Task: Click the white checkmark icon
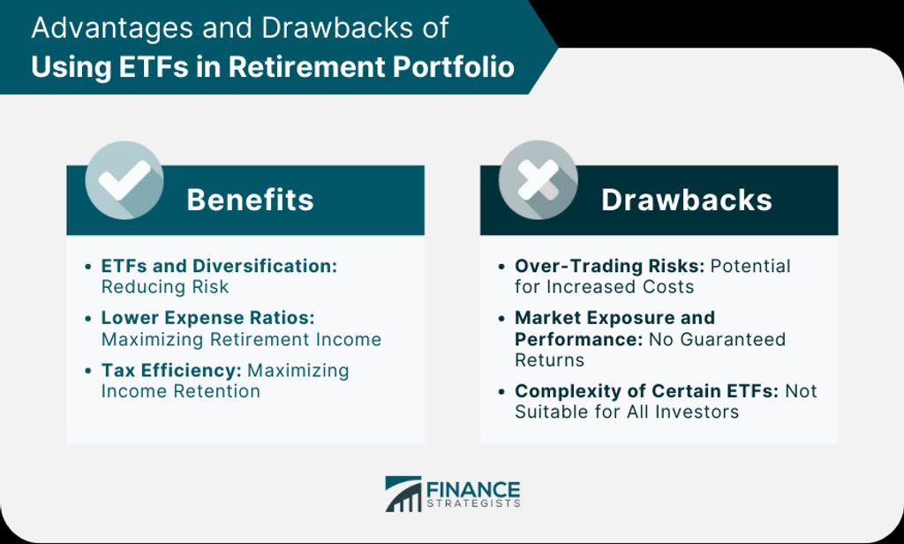click(x=124, y=179)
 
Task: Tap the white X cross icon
click(x=538, y=179)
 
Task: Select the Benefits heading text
click(x=250, y=200)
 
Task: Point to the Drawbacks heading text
click(x=687, y=200)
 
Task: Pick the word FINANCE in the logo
click(x=473, y=490)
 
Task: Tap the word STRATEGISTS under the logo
click(x=473, y=503)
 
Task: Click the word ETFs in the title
click(x=153, y=66)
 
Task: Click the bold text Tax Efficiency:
click(x=171, y=370)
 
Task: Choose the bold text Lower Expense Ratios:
click(x=208, y=318)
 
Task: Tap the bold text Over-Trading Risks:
click(x=609, y=266)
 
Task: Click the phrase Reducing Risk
click(x=165, y=287)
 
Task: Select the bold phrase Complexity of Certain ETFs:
click(x=646, y=390)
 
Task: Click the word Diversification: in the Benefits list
click(x=265, y=266)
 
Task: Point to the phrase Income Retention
click(x=180, y=390)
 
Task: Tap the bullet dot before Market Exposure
click(x=501, y=319)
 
